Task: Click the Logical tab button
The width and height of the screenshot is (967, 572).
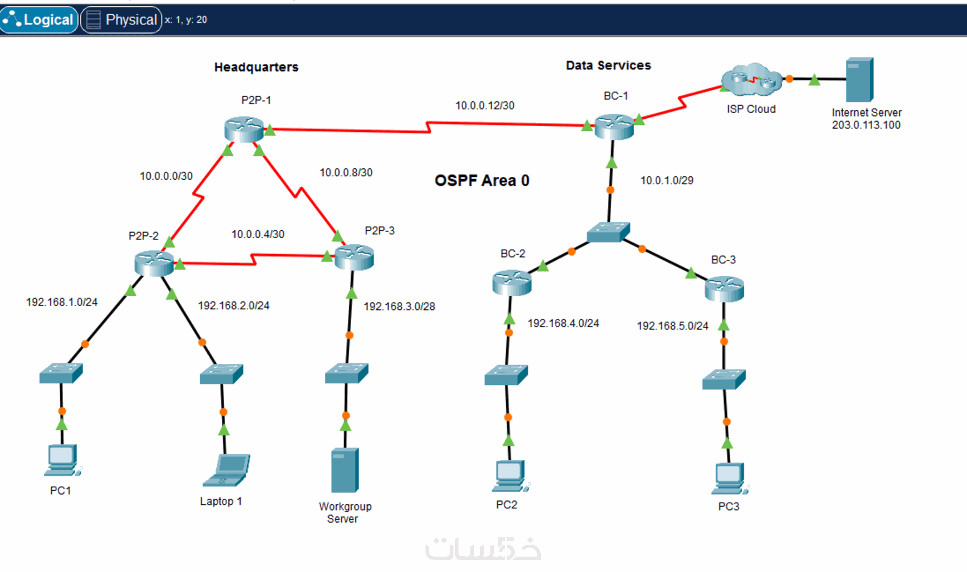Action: tap(39, 20)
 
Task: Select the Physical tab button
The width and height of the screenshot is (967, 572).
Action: tap(121, 20)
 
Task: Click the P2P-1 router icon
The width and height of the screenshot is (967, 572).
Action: tap(244, 129)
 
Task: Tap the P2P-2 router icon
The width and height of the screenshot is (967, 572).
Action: tap(154, 263)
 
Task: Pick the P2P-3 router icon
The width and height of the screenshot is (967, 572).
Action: tap(354, 257)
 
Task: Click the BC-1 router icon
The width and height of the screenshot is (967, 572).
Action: tap(614, 126)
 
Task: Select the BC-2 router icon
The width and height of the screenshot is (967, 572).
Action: tap(511, 283)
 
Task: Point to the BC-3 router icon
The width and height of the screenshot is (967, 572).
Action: tap(724, 288)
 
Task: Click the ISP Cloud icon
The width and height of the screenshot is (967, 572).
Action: tap(751, 80)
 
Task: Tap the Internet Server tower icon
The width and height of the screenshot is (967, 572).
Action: tap(859, 80)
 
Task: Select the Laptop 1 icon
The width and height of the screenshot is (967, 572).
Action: tap(227, 470)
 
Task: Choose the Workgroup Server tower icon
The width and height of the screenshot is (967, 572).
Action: tap(345, 470)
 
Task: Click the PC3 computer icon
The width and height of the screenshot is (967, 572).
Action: tap(729, 479)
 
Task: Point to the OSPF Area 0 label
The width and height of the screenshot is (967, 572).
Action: tap(482, 181)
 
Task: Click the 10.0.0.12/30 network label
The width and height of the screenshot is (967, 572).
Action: tap(485, 106)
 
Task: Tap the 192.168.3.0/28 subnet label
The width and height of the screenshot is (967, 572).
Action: tap(399, 306)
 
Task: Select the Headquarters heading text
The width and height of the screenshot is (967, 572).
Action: tap(256, 67)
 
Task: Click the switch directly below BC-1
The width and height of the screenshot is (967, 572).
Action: tap(608, 232)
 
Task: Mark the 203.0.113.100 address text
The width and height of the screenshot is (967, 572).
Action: tap(866, 125)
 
